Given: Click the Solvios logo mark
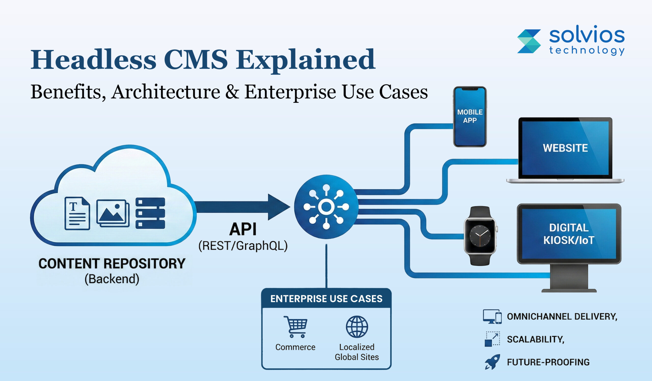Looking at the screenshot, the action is click(529, 41).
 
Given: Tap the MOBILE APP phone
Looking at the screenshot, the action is click(470, 117).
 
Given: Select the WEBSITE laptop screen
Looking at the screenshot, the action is click(565, 148).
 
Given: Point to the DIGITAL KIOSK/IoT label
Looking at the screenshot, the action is click(569, 234).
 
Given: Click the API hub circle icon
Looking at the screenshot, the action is click(326, 207).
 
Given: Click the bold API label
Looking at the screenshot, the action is click(243, 229).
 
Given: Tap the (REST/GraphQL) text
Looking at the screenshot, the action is click(243, 246).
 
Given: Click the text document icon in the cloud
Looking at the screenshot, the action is click(77, 213).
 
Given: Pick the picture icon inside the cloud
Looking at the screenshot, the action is click(113, 213).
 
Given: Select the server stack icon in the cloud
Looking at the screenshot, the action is click(150, 213).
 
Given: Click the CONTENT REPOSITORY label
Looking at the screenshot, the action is click(112, 264).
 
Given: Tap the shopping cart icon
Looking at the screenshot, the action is click(295, 327).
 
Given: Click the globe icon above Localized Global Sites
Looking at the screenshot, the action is click(357, 327).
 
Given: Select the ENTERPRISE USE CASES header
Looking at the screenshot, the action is click(326, 299).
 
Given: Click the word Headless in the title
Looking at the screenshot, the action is click(94, 60).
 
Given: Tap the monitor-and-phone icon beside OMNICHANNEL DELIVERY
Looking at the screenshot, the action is click(492, 317).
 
